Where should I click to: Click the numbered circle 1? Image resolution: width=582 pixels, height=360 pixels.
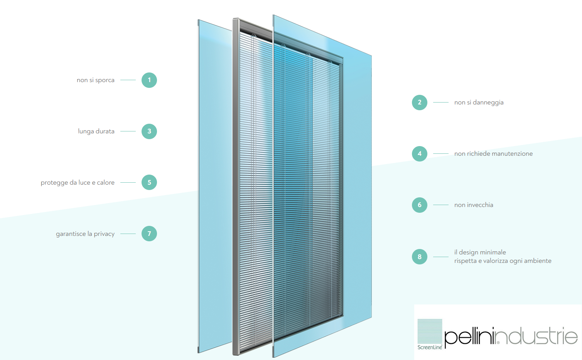(149, 80)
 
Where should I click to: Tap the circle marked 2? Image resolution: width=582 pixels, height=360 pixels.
(420, 103)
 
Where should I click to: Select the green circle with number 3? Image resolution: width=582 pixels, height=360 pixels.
(149, 131)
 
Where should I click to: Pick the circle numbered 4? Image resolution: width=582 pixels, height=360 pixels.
(420, 154)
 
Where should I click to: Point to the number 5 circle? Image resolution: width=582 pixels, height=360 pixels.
(149, 182)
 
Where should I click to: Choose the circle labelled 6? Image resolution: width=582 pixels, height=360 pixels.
(420, 205)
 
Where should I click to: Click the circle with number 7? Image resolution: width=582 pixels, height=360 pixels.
(149, 234)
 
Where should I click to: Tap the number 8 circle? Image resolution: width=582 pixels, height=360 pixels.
(420, 257)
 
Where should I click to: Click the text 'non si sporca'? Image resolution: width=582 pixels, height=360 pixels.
(96, 80)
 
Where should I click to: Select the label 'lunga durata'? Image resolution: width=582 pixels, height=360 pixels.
(96, 131)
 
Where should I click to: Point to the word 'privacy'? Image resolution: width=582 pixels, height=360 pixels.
(104, 234)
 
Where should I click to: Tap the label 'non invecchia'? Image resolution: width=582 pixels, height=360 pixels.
(474, 205)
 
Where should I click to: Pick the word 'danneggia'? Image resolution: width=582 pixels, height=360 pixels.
(488, 103)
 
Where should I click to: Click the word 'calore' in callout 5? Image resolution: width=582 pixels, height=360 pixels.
(106, 183)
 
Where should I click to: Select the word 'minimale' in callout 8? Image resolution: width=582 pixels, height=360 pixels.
(493, 252)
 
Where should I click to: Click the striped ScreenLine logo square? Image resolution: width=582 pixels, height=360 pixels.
(430, 331)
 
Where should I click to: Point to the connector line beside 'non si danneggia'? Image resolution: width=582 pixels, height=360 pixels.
(440, 103)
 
